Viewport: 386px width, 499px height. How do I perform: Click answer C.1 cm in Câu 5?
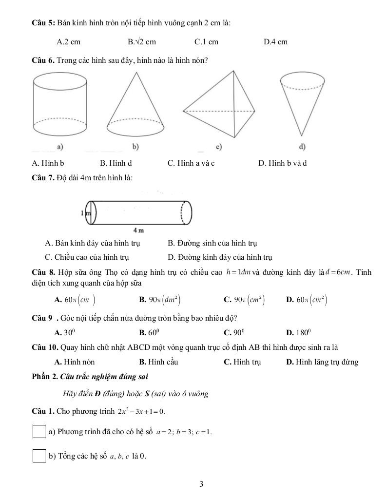tap(206, 42)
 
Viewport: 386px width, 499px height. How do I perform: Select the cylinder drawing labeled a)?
tap(59, 105)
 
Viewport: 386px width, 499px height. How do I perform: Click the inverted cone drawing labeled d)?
tap(303, 105)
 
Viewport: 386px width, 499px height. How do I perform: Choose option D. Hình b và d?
tap(282, 163)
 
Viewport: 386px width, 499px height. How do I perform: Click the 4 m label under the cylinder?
tap(138, 230)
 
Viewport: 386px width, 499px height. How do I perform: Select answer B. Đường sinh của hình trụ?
tap(212, 243)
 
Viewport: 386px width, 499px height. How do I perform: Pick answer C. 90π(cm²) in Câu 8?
tap(244, 300)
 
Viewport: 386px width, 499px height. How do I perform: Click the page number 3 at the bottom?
tap(201, 484)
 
